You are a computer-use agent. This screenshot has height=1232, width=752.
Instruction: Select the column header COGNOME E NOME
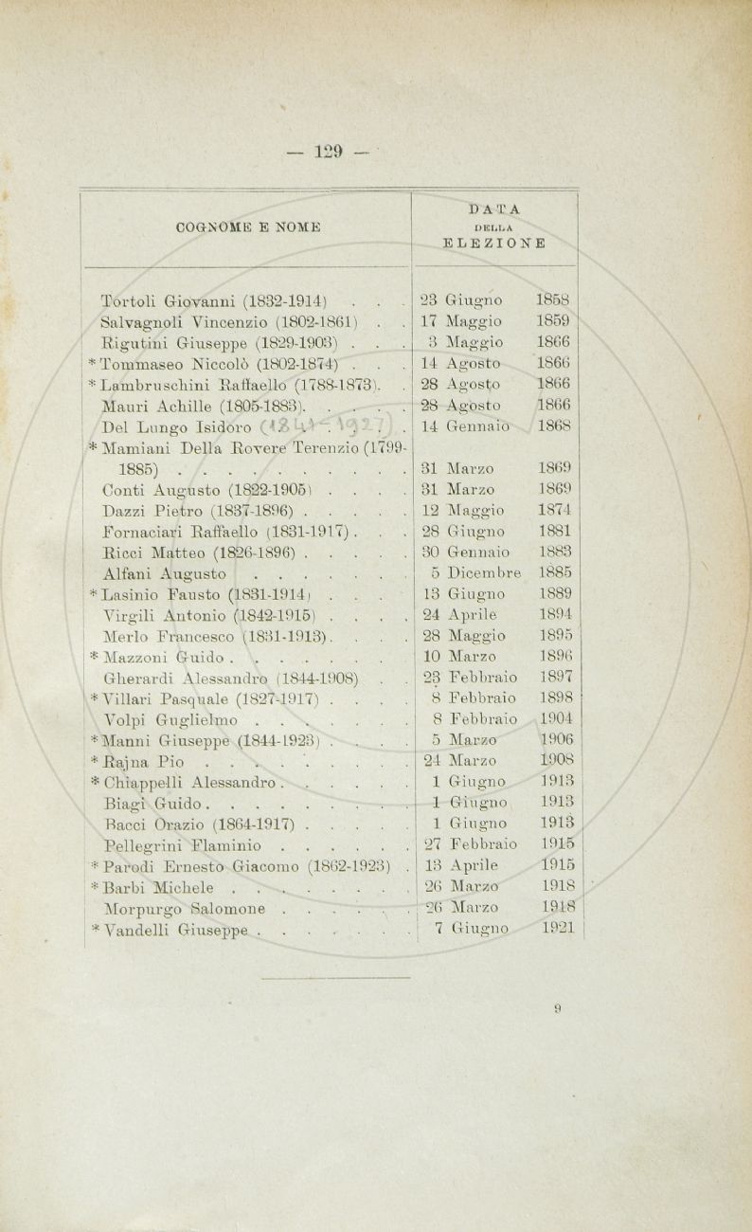[247, 226]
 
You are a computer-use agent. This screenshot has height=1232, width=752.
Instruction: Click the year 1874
[555, 510]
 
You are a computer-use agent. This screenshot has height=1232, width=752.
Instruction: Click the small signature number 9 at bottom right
[560, 1009]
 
